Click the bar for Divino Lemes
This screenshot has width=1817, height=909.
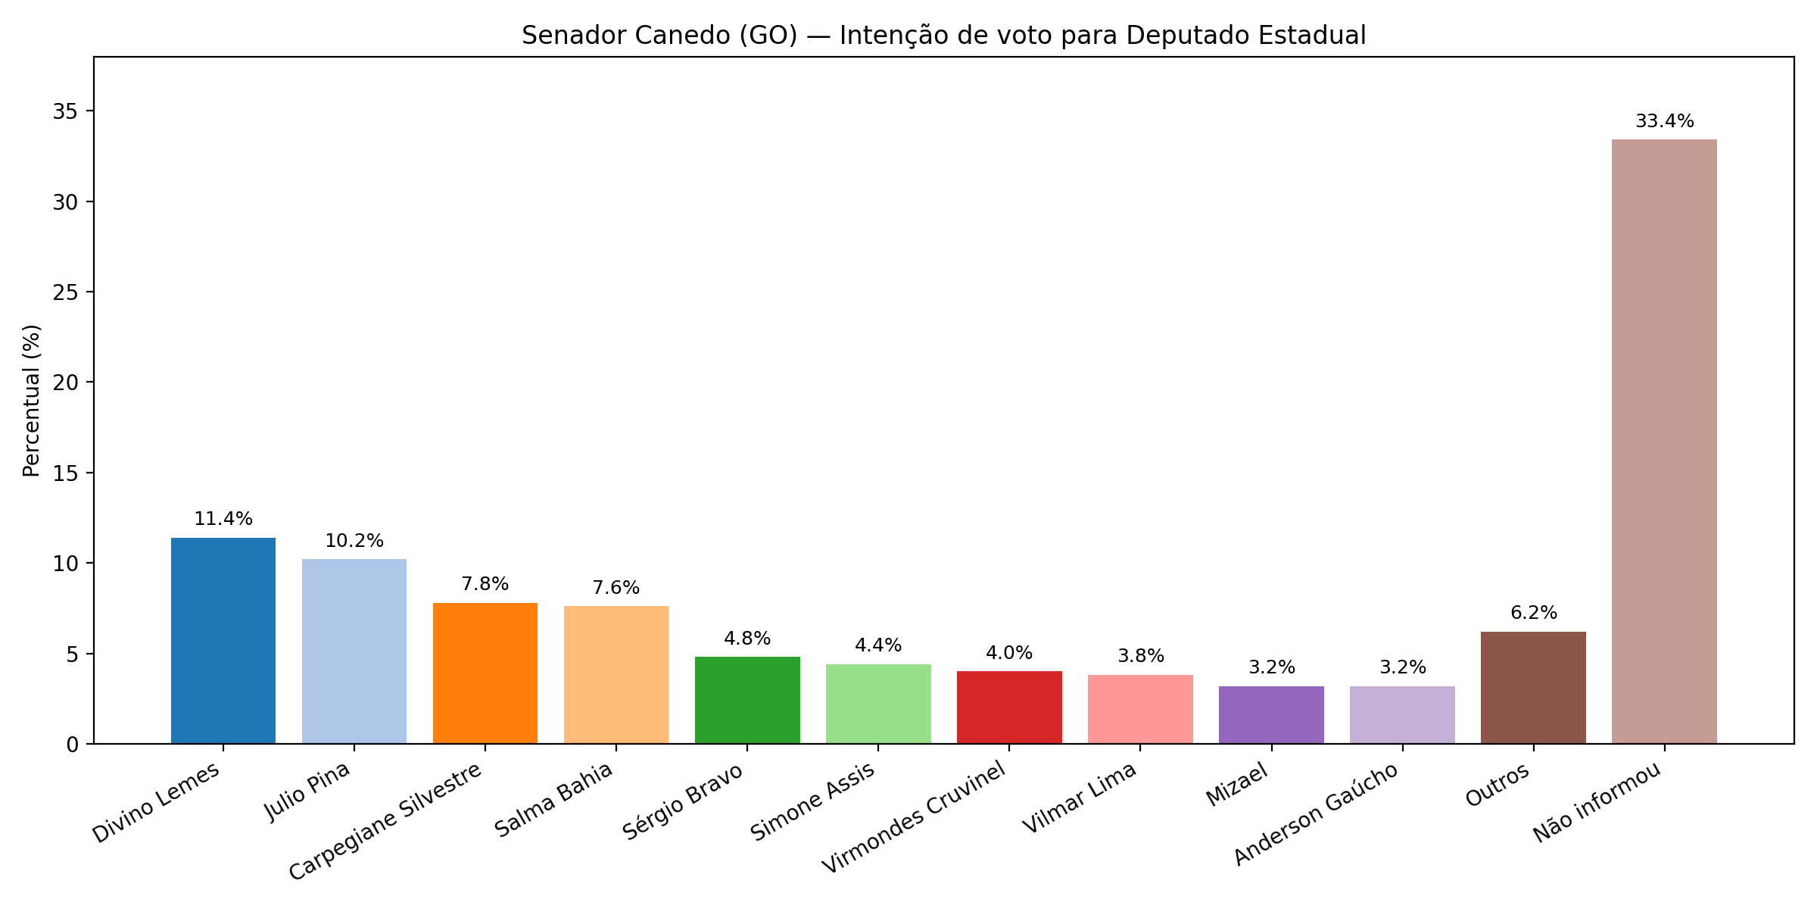pyautogui.click(x=223, y=641)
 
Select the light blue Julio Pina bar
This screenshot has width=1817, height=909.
pyautogui.click(x=354, y=651)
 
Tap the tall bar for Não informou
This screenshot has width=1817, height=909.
pyautogui.click(x=1664, y=442)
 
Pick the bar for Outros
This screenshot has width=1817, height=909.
pyautogui.click(x=1533, y=688)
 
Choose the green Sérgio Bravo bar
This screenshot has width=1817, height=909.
pyautogui.click(x=747, y=700)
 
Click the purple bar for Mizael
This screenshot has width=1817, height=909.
pyautogui.click(x=1271, y=714)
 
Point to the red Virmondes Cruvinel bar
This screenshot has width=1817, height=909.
pyautogui.click(x=1009, y=708)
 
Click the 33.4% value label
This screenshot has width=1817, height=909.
pyautogui.click(x=1664, y=121)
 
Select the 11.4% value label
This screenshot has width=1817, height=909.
pyautogui.click(x=223, y=519)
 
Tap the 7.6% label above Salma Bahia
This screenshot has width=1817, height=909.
pyautogui.click(x=616, y=588)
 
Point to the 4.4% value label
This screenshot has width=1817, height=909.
pyautogui.click(x=878, y=645)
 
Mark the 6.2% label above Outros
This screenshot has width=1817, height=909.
pyautogui.click(x=1533, y=613)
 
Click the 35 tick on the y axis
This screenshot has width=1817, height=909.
pyautogui.click(x=65, y=111)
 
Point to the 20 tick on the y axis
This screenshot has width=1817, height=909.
pyautogui.click(x=65, y=382)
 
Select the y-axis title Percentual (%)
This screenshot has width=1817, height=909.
pyautogui.click(x=31, y=401)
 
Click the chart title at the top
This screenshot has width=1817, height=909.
pyautogui.click(x=943, y=36)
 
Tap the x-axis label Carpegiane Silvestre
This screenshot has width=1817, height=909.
pyautogui.click(x=386, y=821)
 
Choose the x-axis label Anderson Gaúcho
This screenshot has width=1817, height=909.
pyautogui.click(x=1315, y=814)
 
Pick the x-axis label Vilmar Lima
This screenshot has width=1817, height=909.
pyautogui.click(x=1080, y=798)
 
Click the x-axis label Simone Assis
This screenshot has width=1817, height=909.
pyautogui.click(x=812, y=801)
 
